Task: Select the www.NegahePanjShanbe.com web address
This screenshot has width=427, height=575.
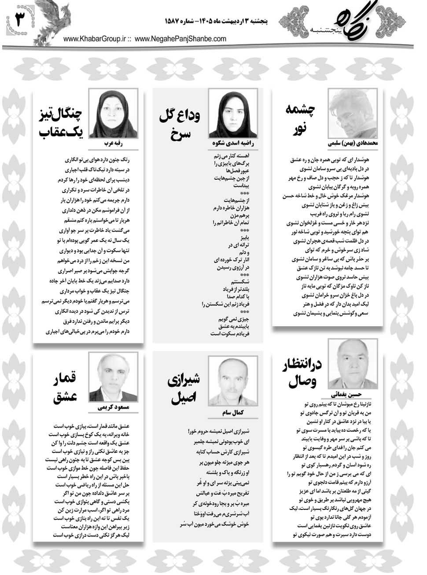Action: (x=180, y=39)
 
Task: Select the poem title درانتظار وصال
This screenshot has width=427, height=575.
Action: (x=302, y=374)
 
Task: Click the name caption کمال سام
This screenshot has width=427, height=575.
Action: (x=232, y=414)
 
